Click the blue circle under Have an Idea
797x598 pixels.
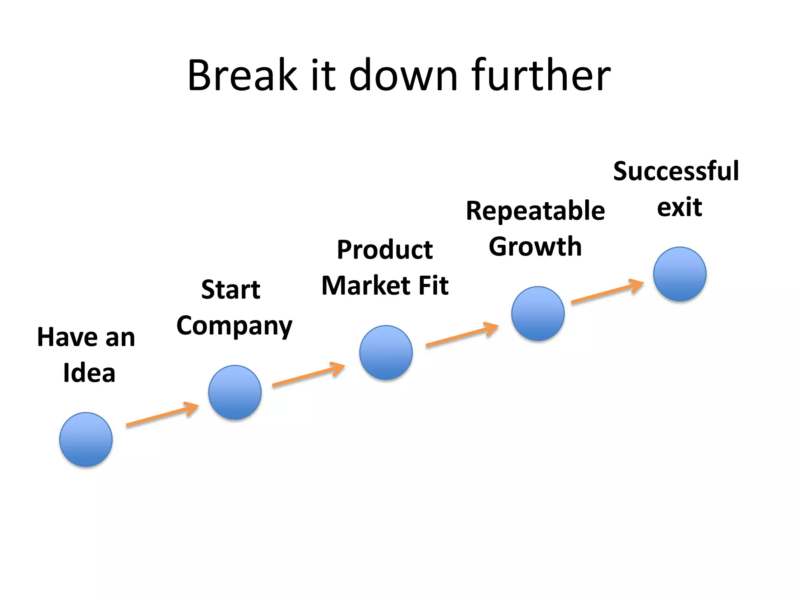(86, 440)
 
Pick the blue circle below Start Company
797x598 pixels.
(235, 392)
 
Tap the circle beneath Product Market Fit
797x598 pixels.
(386, 353)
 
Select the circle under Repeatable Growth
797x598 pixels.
(538, 314)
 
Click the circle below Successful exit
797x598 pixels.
(679, 274)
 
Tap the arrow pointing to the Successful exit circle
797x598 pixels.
(607, 291)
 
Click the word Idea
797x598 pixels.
(89, 373)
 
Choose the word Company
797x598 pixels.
(234, 326)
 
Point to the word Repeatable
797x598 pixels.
(535, 211)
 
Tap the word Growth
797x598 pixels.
(535, 247)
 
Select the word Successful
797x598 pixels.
(676, 171)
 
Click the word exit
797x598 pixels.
(679, 207)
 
